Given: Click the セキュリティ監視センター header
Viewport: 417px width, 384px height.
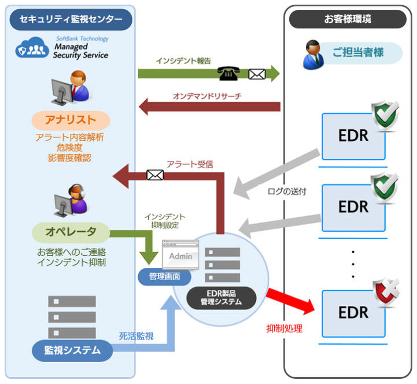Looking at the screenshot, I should pyautogui.click(x=71, y=20).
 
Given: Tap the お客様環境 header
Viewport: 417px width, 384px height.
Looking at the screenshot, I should pyautogui.click(x=348, y=19).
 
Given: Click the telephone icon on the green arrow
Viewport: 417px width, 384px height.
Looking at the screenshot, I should pyautogui.click(x=229, y=73).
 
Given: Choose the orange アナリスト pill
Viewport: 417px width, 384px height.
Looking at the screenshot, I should pyautogui.click(x=71, y=120).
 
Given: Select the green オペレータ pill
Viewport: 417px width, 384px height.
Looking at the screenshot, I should pyautogui.click(x=71, y=232).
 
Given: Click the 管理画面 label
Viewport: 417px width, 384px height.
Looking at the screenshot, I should pyautogui.click(x=164, y=276).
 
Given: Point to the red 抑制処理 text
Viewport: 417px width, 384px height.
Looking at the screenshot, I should pyautogui.click(x=284, y=329).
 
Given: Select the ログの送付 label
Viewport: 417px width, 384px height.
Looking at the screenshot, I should pyautogui.click(x=287, y=191).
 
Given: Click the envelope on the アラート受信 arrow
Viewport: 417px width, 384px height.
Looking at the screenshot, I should pyautogui.click(x=155, y=175).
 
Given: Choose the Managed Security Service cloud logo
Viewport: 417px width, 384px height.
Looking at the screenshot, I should pyautogui.click(x=32, y=49).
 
